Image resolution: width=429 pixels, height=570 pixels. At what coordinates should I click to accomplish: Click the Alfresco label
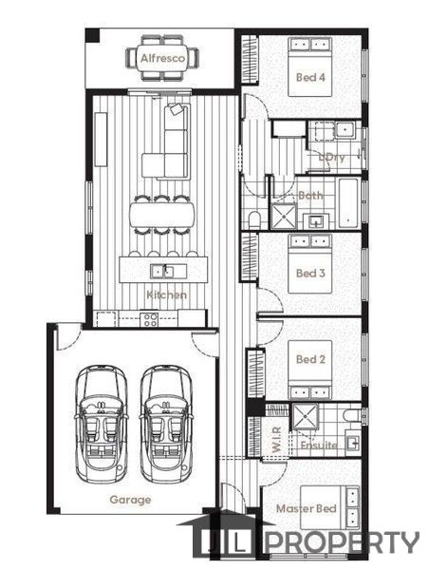162,58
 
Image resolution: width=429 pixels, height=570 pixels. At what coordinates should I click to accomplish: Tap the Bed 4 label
310,77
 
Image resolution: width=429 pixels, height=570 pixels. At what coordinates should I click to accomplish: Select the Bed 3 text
310,273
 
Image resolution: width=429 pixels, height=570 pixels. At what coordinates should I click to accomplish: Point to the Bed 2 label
310,359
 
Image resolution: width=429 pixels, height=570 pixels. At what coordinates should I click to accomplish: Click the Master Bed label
307,508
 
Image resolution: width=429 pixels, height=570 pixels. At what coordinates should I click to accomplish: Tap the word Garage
130,500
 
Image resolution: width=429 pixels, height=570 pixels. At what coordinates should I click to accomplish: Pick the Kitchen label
166,294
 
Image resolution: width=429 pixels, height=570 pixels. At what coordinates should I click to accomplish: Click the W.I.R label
276,440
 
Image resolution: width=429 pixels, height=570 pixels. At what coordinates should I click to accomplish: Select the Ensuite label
319,445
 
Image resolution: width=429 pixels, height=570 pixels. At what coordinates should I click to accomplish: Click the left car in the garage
102,424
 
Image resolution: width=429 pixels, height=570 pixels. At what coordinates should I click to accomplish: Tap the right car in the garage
166,424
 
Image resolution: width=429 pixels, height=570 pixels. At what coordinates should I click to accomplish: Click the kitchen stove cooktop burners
150,319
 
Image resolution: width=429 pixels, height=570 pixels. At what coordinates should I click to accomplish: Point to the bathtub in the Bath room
349,203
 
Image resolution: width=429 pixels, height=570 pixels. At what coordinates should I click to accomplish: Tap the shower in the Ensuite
306,416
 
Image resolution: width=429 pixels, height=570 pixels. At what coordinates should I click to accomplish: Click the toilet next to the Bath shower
254,220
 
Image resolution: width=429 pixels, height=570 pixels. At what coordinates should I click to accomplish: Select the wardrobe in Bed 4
250,59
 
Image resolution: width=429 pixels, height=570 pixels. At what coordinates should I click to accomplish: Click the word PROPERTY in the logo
343,542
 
